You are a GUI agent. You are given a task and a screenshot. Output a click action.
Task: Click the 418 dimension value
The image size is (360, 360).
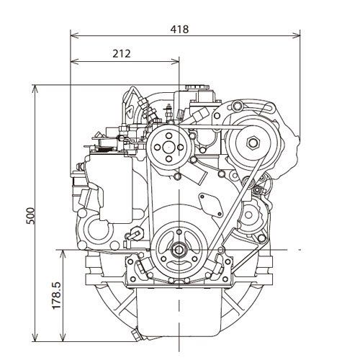click(x=179, y=30)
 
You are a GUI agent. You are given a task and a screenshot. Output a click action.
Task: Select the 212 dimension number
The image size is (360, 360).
click(x=122, y=54)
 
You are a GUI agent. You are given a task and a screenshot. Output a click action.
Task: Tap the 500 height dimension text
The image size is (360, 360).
click(x=30, y=216)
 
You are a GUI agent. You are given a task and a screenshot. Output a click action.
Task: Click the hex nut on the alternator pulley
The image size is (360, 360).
click(x=253, y=143)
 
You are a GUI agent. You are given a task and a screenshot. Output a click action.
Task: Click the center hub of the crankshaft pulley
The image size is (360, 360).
click(x=179, y=250)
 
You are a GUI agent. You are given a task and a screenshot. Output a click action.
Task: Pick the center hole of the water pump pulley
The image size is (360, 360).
click(x=168, y=147)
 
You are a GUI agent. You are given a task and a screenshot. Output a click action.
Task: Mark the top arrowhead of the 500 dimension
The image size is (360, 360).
click(x=35, y=89)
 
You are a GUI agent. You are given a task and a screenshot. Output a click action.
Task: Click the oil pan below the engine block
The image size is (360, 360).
click(x=179, y=312)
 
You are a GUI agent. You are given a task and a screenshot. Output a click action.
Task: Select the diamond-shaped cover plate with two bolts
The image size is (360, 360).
click(x=211, y=204)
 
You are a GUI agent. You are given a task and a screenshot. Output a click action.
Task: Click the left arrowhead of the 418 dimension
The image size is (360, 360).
click(x=75, y=36)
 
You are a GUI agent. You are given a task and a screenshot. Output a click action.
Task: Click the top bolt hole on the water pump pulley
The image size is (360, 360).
click(x=168, y=135)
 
